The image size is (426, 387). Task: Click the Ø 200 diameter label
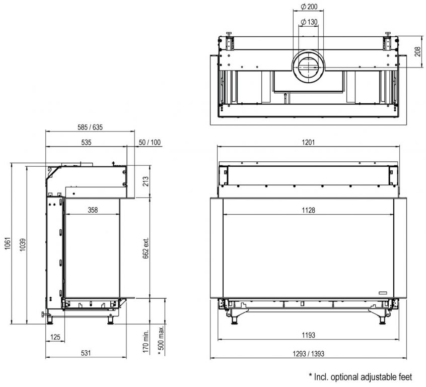coord(309,6)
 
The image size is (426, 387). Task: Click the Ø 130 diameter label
coord(309,22)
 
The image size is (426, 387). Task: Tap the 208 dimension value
coord(417,52)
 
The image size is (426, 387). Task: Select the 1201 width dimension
coord(308,142)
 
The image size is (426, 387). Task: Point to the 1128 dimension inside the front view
coord(308,210)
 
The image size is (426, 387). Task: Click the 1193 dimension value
coord(308,335)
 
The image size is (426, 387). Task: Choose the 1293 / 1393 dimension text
coord(308,354)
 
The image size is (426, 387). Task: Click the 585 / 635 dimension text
coord(90,127)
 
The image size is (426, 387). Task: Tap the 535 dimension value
coord(86,142)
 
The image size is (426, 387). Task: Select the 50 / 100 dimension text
coord(150,142)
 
